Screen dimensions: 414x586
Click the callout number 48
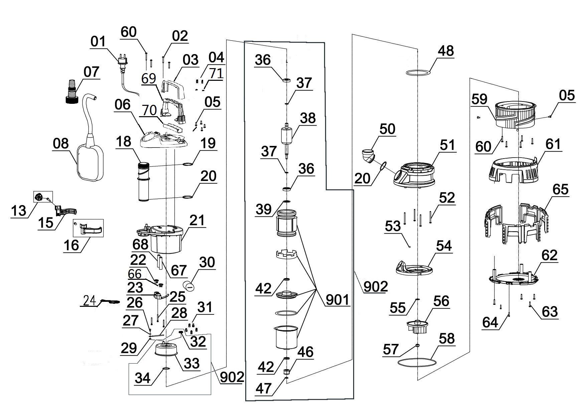pos(446,51)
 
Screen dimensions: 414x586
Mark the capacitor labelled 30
pos(189,286)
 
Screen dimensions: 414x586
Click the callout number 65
pos(560,189)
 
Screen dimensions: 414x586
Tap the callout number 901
pos(337,300)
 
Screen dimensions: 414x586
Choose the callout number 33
pos(191,363)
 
